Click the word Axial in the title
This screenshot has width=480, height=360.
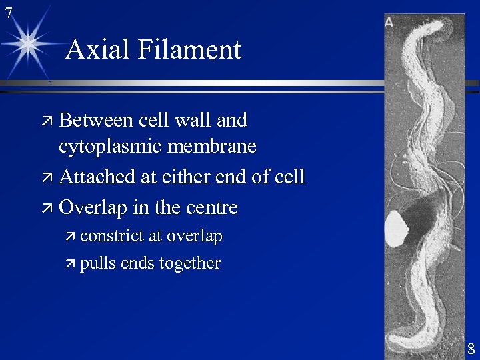tap(95, 50)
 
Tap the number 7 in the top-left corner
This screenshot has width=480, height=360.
tap(8, 11)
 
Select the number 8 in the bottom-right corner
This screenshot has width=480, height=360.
tap(471, 349)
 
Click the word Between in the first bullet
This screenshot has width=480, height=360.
tap(96, 120)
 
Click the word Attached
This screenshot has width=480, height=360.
tap(97, 177)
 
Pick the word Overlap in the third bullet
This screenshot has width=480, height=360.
tap(93, 208)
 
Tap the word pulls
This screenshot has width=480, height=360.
tap(97, 263)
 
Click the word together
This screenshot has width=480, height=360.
tap(189, 263)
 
